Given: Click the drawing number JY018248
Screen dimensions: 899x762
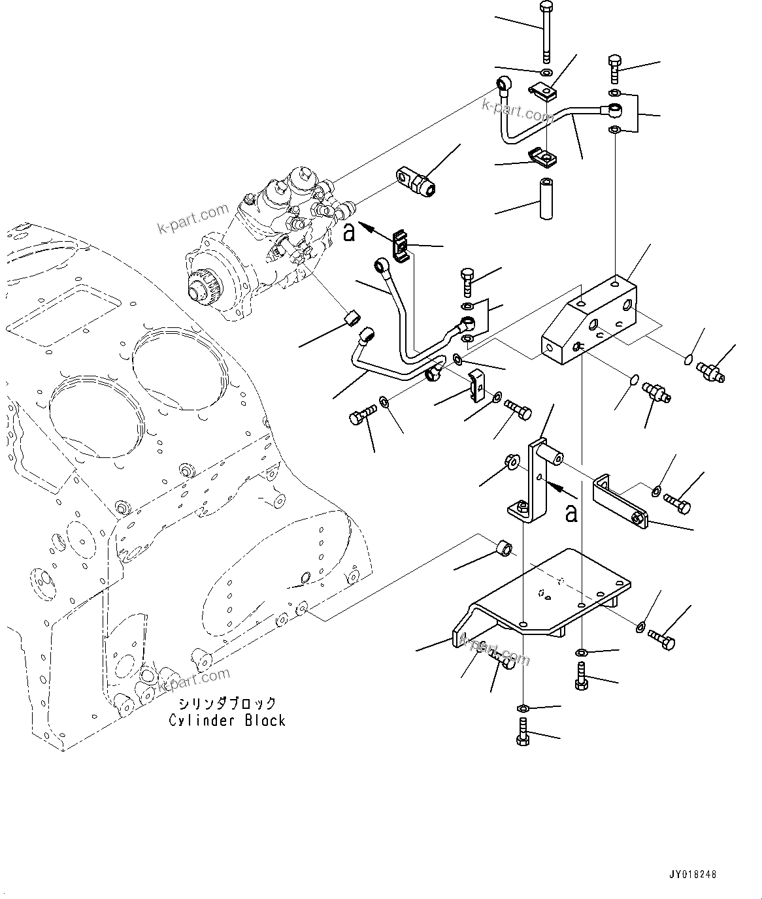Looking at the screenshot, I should pyautogui.click(x=692, y=873).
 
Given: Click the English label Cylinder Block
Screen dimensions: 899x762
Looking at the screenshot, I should pyautogui.click(x=227, y=721).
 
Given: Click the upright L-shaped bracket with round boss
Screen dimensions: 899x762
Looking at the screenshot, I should pyautogui.click(x=538, y=483).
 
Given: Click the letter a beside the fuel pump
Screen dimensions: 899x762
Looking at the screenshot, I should pyautogui.click(x=350, y=232).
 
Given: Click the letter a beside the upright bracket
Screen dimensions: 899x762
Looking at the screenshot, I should pyautogui.click(x=572, y=514).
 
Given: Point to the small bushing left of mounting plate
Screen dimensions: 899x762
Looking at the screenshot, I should pyautogui.click(x=504, y=546).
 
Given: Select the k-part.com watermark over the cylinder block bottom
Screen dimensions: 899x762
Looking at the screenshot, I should pyautogui.click(x=193, y=680).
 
